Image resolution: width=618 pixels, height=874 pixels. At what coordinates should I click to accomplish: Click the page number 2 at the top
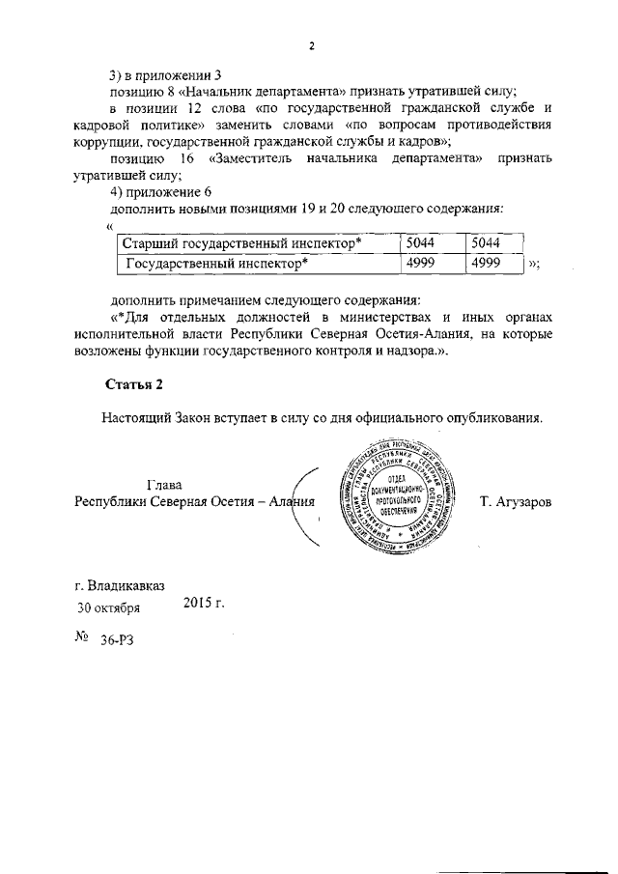pyautogui.click(x=312, y=45)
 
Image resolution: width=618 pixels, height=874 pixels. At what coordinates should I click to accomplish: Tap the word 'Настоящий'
pyautogui.click(x=135, y=418)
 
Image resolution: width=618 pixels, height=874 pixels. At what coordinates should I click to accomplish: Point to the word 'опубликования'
pyautogui.click(x=496, y=418)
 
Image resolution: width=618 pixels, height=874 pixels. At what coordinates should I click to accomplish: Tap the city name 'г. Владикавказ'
pyautogui.click(x=120, y=585)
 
